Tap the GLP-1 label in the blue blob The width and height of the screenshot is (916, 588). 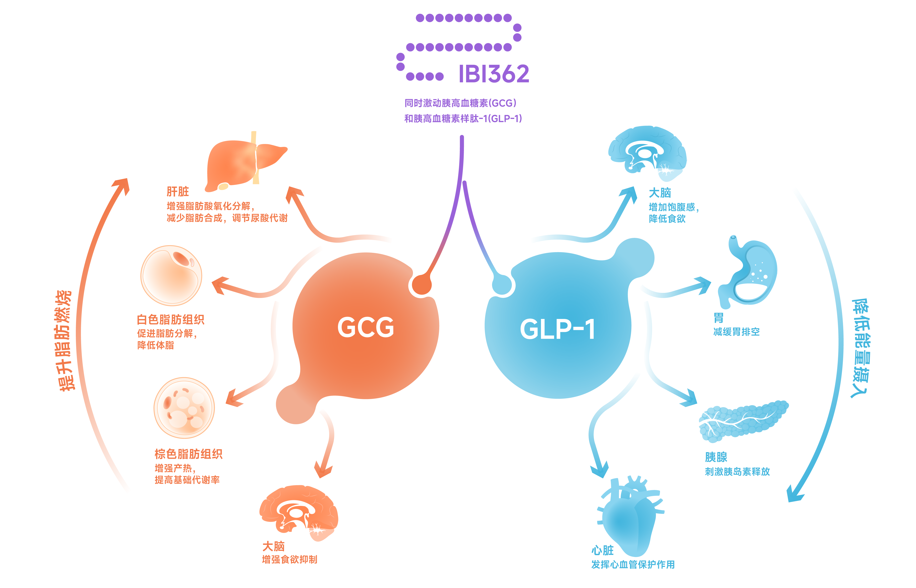pyautogui.click(x=557, y=329)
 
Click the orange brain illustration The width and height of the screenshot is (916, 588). pyautogui.click(x=299, y=512)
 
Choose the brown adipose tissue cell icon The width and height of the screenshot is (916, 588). pyautogui.click(x=184, y=408)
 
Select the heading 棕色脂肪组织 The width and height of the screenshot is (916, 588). pyautogui.click(x=188, y=454)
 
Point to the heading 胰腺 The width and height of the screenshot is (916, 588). pyautogui.click(x=716, y=457)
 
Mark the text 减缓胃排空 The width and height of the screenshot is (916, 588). pyautogui.click(x=736, y=332)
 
